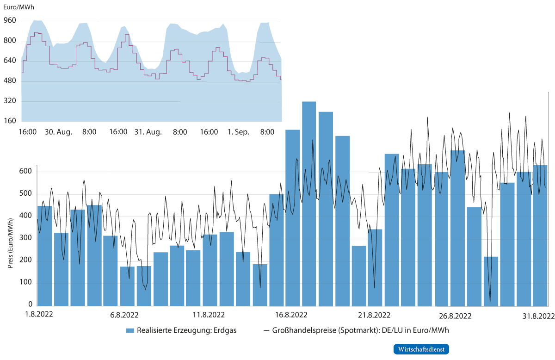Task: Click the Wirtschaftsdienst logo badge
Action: coord(421,349)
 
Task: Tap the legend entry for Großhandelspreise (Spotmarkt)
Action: coord(356,331)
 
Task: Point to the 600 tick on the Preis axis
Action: coord(27,172)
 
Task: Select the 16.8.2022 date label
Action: coord(290,316)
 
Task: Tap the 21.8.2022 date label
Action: coord(374,316)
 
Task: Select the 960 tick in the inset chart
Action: coord(10,21)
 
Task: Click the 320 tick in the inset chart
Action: coord(10,101)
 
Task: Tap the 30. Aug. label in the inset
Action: coord(58,132)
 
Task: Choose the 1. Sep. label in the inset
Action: coord(238,132)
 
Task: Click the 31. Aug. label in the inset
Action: coord(148,132)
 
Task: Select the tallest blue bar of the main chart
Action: coord(309,204)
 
